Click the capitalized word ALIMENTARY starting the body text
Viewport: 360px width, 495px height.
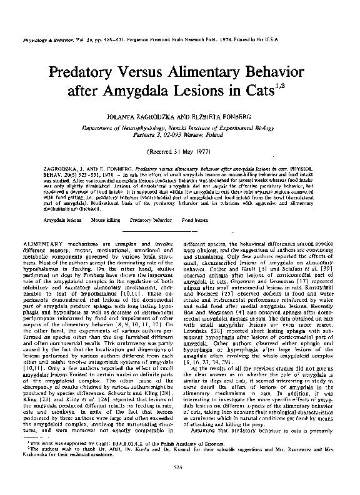point(44,241)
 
